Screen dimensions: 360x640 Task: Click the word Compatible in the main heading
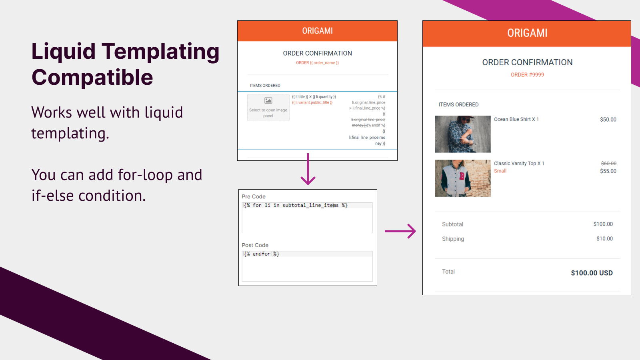92,78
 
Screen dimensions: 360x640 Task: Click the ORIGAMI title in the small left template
317,31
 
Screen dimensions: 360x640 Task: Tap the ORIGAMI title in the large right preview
527,33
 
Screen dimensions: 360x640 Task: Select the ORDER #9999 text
527,75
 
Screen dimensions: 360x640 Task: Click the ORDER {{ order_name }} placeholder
317,63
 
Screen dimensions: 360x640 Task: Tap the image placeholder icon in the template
268,101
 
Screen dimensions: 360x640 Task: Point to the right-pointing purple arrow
400,231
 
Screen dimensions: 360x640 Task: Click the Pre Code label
254,196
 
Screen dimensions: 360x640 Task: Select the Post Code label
255,245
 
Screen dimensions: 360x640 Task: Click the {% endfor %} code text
262,254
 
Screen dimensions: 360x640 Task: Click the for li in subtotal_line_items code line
296,205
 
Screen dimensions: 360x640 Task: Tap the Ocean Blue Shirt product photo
463,134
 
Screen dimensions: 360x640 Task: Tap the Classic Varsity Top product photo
463,178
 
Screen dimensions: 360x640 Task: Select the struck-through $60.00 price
608,163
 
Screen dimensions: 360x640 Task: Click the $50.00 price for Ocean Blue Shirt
608,120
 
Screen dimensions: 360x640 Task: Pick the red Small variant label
500,171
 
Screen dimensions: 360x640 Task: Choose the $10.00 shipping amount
604,239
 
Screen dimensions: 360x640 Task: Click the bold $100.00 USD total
592,273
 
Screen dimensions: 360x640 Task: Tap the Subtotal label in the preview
452,224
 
